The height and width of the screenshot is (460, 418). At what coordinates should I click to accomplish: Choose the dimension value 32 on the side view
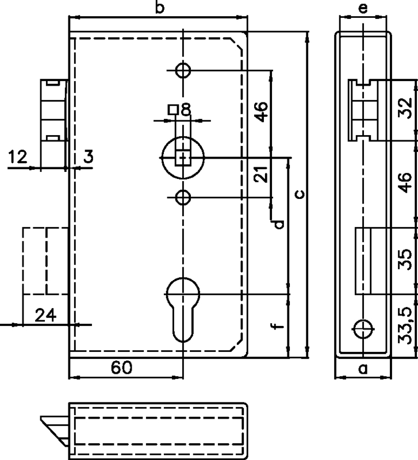point(405,108)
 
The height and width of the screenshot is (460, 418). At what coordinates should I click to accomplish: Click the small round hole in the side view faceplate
point(363,329)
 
